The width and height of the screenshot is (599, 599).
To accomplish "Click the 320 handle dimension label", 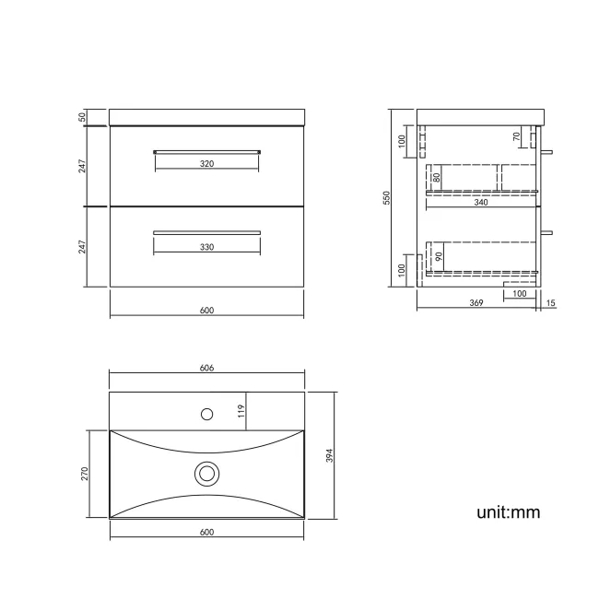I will tap(206, 164).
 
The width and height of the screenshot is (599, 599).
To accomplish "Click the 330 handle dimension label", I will tap(206, 247).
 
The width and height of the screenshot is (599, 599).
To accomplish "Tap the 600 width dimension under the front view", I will tap(206, 311).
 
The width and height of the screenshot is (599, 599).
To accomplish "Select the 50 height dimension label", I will tap(83, 117).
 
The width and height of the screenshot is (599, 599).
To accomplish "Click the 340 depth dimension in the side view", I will tap(481, 203).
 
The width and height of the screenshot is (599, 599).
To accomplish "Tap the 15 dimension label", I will tap(550, 303).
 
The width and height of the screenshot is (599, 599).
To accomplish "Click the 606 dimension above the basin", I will tap(206, 368).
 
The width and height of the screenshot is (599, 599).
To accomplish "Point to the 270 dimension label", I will tap(84, 473).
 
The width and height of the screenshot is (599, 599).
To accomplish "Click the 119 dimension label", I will tap(240, 411).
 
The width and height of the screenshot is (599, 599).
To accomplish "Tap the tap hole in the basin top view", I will tap(207, 413).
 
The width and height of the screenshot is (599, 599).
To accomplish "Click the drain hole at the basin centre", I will tap(207, 474).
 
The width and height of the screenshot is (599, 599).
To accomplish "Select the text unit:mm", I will tap(508, 512).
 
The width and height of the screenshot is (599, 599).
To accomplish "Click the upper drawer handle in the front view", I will tap(206, 150).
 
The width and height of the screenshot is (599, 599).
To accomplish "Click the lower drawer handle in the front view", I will tap(206, 231).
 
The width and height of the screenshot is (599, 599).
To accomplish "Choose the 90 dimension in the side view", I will tap(439, 257).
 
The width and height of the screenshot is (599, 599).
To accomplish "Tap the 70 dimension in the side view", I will tap(517, 136).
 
